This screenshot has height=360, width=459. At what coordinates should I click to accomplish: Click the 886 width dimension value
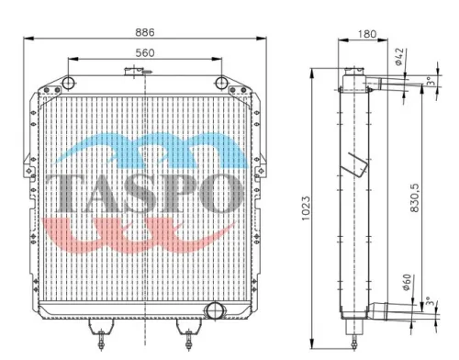[145, 32]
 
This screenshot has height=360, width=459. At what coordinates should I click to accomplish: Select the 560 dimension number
[145, 53]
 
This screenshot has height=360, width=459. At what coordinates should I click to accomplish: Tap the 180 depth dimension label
[367, 34]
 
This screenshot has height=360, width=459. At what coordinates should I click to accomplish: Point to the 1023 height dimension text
[306, 208]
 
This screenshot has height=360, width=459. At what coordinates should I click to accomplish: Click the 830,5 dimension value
[414, 197]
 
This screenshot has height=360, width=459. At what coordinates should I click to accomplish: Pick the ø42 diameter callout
[401, 57]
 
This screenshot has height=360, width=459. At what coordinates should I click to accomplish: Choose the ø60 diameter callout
[407, 282]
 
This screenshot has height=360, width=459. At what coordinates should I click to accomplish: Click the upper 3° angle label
[431, 82]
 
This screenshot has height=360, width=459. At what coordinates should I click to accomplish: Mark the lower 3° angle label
[431, 301]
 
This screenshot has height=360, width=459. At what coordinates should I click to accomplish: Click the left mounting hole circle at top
[68, 83]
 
